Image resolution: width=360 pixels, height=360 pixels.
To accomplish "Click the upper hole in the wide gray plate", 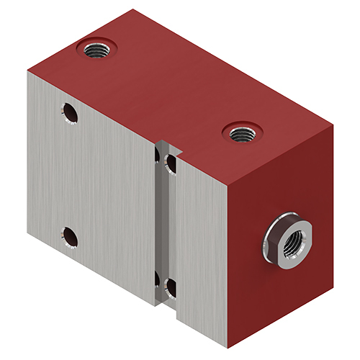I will tap(70, 112).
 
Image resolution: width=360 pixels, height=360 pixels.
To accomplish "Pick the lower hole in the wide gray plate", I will tap(70, 235).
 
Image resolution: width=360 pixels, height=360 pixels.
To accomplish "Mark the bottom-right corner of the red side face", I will tap(330, 276).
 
